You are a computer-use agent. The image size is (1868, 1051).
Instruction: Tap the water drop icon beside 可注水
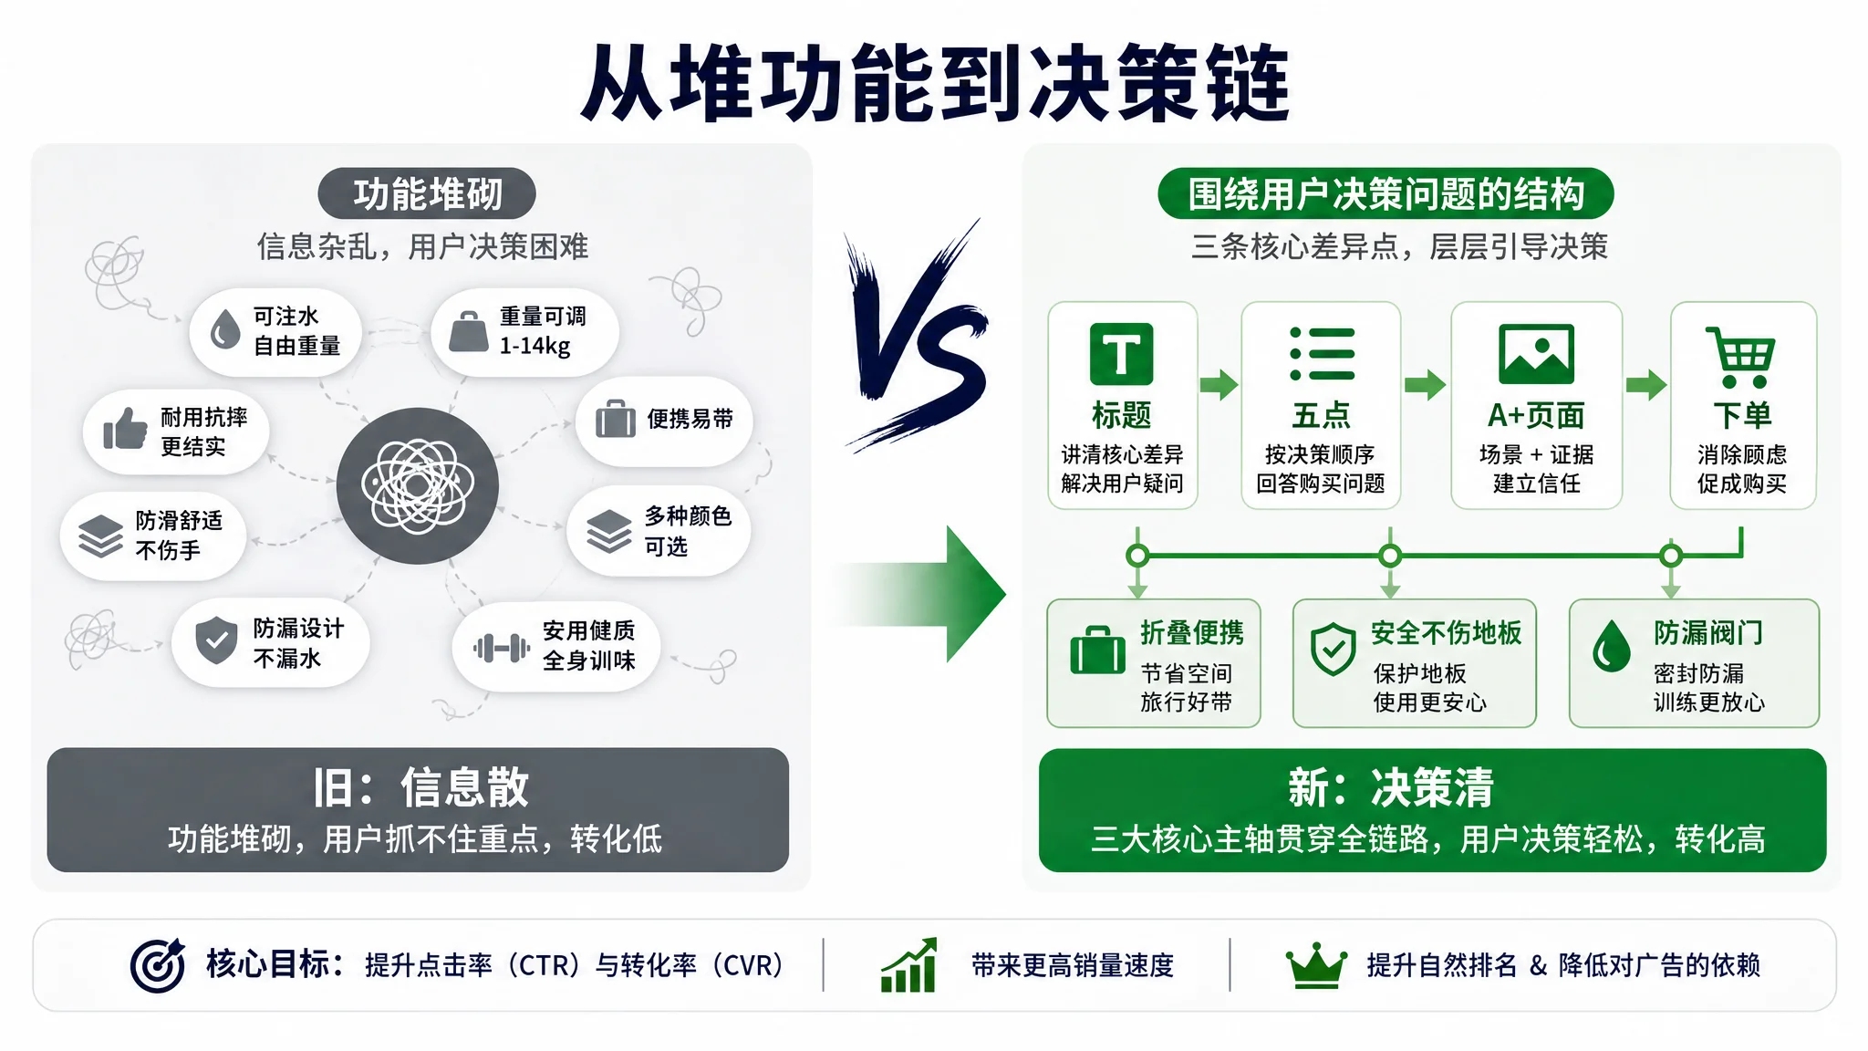coord(224,329)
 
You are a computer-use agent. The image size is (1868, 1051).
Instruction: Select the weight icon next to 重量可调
coord(469,331)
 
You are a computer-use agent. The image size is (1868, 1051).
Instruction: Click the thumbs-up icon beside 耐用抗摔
coord(125,428)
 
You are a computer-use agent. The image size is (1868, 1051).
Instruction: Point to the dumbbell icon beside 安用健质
coord(502,648)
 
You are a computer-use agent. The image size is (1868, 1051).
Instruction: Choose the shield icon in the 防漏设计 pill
coord(216,640)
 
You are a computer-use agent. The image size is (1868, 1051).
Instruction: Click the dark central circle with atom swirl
coord(418,485)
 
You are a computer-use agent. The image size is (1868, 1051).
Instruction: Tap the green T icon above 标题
coord(1121,354)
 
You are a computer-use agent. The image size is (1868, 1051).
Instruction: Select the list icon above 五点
coord(1322,354)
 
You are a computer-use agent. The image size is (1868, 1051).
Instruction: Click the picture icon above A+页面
coord(1536,354)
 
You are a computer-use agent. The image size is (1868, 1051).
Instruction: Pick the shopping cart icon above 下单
coord(1740,357)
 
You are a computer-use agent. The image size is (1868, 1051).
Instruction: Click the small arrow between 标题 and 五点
coord(1219,385)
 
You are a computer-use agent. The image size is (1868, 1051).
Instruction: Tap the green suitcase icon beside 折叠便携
coord(1097,650)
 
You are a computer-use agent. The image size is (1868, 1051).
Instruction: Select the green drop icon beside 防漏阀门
coord(1611,646)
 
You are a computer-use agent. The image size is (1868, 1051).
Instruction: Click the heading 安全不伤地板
coord(1446,632)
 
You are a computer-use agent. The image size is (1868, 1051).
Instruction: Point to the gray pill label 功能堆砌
coord(427,193)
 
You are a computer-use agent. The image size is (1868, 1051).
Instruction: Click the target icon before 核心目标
coord(158,965)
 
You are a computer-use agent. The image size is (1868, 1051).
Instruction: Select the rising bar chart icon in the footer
coord(909,964)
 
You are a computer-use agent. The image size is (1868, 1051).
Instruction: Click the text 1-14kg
coord(534,346)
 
